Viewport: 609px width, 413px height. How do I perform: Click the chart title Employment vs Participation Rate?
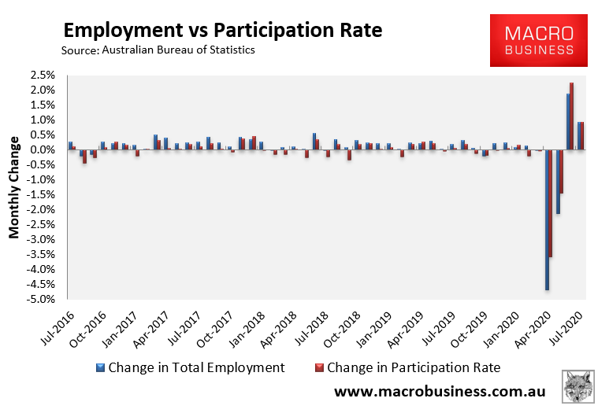click(222, 31)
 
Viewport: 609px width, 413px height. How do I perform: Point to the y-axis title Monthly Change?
click(14, 187)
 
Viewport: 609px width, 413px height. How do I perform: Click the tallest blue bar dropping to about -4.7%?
click(548, 219)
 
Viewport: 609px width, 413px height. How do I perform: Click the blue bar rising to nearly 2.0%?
click(568, 122)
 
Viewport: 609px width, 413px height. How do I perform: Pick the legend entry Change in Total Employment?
click(189, 367)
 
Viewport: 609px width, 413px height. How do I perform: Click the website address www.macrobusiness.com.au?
click(438, 391)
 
